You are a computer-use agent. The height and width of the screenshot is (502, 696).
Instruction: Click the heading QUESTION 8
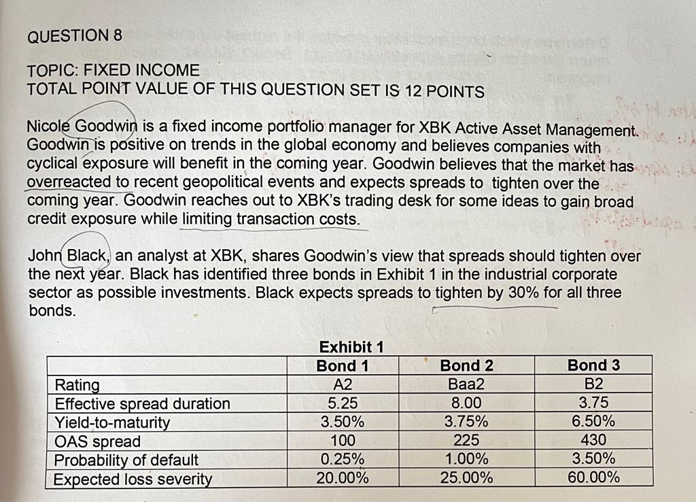pyautogui.click(x=75, y=36)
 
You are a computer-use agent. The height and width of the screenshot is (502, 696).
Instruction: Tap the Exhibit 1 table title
pyautogui.click(x=351, y=347)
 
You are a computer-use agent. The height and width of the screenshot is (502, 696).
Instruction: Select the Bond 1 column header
pyautogui.click(x=343, y=365)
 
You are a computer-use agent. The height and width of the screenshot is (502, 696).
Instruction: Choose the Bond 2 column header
pyautogui.click(x=467, y=365)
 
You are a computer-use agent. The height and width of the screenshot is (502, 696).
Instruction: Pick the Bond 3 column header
pyautogui.click(x=593, y=365)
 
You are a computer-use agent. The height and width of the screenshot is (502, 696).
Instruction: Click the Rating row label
pyautogui.click(x=77, y=385)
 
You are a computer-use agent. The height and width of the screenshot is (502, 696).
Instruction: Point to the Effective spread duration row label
pyautogui.click(x=143, y=403)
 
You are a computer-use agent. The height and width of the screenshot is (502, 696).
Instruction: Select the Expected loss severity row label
pyautogui.click(x=133, y=478)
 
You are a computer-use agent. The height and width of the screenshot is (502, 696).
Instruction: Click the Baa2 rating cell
pyautogui.click(x=466, y=384)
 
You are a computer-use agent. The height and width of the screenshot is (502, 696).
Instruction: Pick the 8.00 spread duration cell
pyautogui.click(x=466, y=403)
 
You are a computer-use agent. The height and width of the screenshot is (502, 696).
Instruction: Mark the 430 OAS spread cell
pyautogui.click(x=593, y=440)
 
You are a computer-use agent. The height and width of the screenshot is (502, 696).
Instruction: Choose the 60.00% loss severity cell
pyautogui.click(x=593, y=477)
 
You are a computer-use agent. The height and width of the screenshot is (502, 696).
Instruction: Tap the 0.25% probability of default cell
pyautogui.click(x=343, y=458)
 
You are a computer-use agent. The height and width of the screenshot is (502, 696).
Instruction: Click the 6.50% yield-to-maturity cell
pyautogui.click(x=593, y=421)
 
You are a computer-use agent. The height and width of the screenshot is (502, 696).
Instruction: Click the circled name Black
pyautogui.click(x=86, y=256)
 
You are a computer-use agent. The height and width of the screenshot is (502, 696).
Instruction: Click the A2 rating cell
pyautogui.click(x=343, y=384)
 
